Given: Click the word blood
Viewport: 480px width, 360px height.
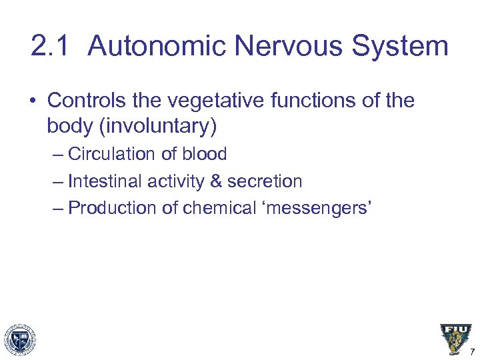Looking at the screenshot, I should [203, 154].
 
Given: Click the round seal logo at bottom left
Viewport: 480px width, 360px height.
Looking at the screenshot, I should [20, 339].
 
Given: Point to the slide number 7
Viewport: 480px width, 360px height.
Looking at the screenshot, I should [472, 352].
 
